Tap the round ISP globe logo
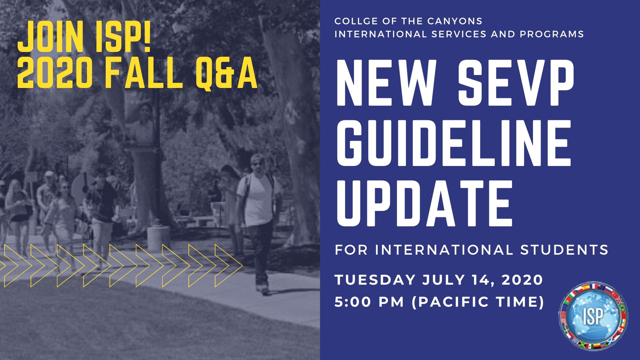pos(593,315)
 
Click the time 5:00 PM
pos(369,302)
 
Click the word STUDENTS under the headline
pos(565,250)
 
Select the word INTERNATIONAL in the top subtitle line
pos(380,34)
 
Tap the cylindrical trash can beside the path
pos(159,239)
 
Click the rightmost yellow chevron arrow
pos(228,266)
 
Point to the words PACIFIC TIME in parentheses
pos(478,302)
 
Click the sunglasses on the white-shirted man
pos(257,163)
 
